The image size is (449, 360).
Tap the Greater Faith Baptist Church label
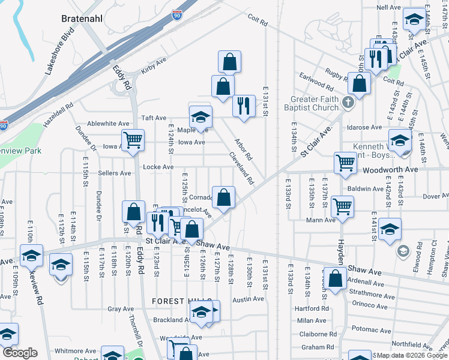click(x=315, y=103)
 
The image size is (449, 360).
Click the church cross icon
click(x=348, y=102)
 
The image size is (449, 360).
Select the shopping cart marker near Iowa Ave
click(x=133, y=140)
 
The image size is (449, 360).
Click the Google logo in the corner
click(x=20, y=353)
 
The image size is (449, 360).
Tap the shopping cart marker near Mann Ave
click(x=342, y=206)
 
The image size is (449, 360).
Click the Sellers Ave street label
click(x=115, y=173)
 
